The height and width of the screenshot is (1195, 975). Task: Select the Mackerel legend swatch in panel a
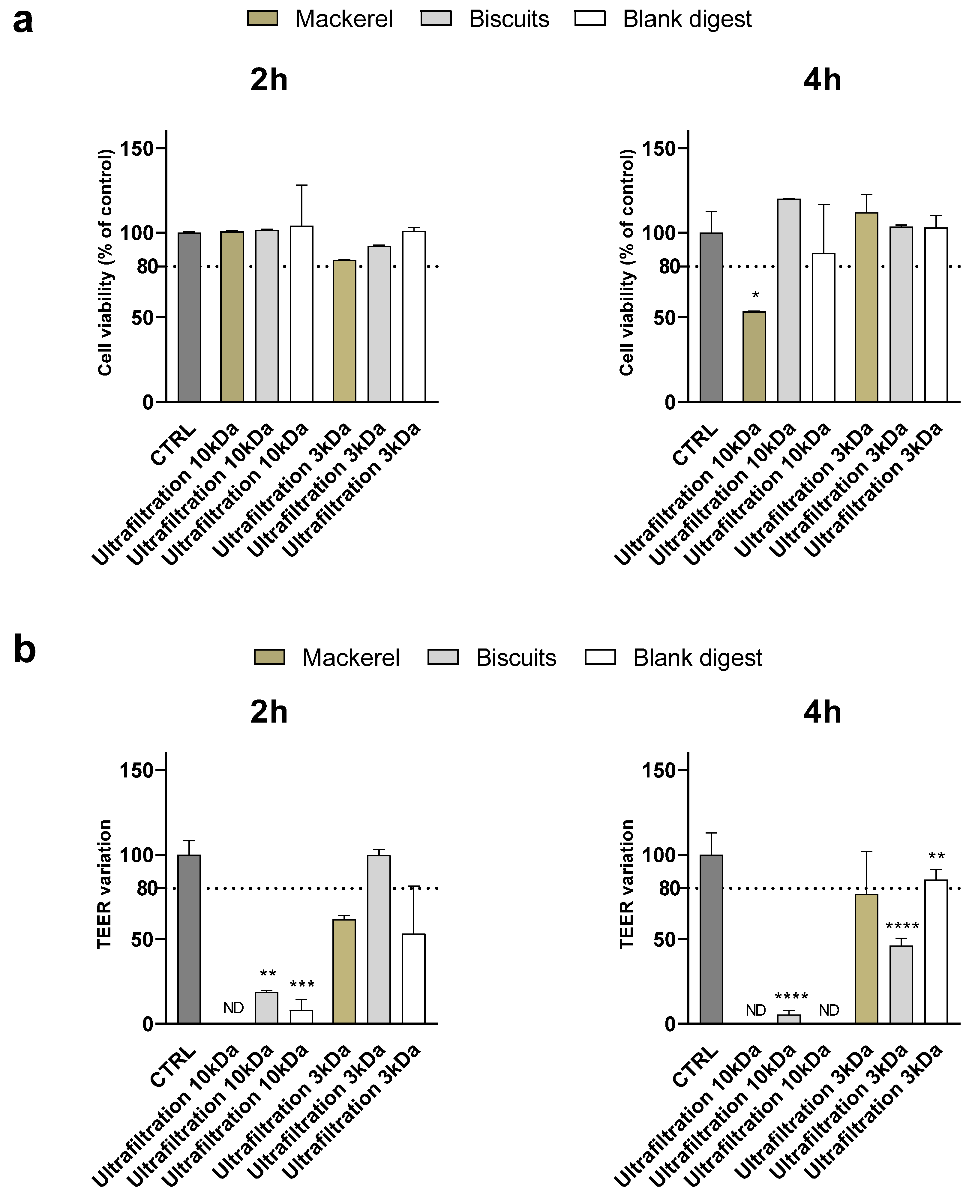click(262, 19)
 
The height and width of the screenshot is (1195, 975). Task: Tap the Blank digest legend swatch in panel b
click(600, 657)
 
